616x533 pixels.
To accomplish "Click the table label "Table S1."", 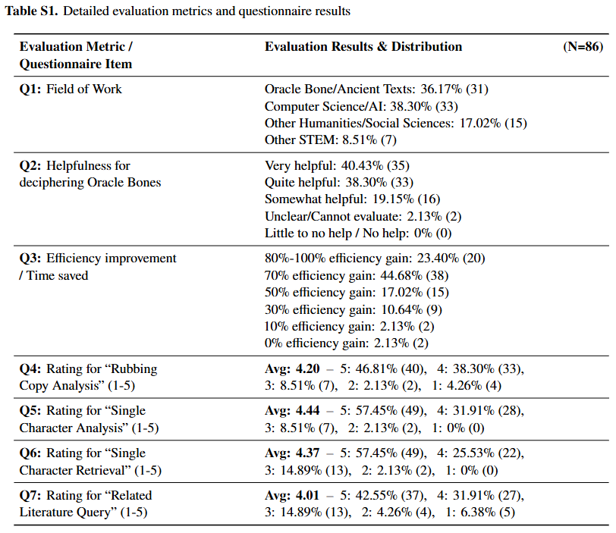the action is pyautogui.click(x=31, y=11).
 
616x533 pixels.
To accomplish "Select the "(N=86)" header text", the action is pyautogui.click(x=583, y=47).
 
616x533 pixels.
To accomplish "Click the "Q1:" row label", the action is pyautogui.click(x=30, y=89).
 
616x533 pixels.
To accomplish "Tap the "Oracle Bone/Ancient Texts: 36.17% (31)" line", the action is pyautogui.click(x=376, y=89).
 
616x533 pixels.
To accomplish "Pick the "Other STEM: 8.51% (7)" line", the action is pyautogui.click(x=331, y=140).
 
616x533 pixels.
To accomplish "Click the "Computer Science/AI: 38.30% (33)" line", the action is pyautogui.click(x=361, y=106).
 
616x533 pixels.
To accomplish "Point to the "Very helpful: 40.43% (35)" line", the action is pyautogui.click(x=337, y=165).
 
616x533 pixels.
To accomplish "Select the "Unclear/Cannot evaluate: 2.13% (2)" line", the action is pyautogui.click(x=363, y=217).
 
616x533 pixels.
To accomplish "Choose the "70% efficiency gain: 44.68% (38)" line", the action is pyautogui.click(x=357, y=276).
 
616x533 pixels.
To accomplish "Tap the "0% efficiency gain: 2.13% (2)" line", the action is pyautogui.click(x=346, y=343).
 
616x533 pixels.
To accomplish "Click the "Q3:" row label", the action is pyautogui.click(x=30, y=259).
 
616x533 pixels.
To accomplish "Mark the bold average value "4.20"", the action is pyautogui.click(x=307, y=369).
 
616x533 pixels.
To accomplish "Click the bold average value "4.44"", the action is pyautogui.click(x=307, y=411).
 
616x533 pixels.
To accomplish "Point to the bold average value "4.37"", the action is pyautogui.click(x=307, y=453).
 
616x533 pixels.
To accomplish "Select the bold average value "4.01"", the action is pyautogui.click(x=307, y=495).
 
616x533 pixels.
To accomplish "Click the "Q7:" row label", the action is pyautogui.click(x=30, y=496).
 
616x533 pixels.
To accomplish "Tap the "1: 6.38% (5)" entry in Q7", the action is pyautogui.click(x=480, y=513).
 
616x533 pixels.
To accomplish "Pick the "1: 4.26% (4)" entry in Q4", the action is pyautogui.click(x=467, y=386).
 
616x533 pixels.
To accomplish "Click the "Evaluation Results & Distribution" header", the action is pyautogui.click(x=363, y=47).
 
